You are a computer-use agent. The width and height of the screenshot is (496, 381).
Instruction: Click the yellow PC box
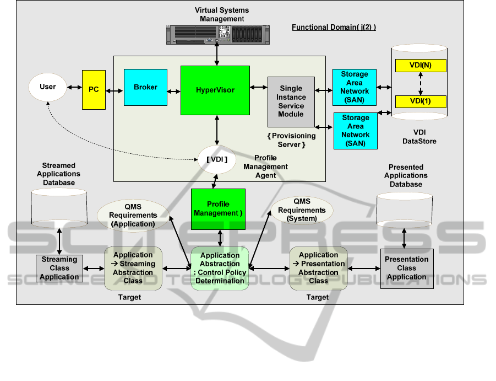(x=94, y=89)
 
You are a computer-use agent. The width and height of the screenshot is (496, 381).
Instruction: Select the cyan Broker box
(x=145, y=87)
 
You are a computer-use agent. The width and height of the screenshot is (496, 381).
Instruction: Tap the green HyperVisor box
(x=215, y=90)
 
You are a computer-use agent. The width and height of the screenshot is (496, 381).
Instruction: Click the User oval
(x=48, y=87)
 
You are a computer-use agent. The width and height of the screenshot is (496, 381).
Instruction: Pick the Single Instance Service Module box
(x=291, y=102)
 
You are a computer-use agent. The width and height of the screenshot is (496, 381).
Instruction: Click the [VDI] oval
(x=217, y=160)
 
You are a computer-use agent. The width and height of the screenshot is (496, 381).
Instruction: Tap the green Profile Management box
(x=219, y=209)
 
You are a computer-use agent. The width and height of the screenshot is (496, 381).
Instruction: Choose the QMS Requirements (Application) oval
(x=133, y=216)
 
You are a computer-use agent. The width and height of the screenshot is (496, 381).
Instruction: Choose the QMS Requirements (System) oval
(x=302, y=211)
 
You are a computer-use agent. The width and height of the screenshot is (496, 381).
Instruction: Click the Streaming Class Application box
(x=59, y=269)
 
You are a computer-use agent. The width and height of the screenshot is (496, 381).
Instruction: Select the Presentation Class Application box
(x=406, y=268)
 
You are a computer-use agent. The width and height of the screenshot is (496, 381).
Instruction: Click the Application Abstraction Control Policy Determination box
(x=220, y=268)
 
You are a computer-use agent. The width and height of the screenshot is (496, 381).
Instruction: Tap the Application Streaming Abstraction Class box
(x=133, y=267)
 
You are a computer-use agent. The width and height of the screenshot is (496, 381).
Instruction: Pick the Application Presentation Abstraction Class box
(x=318, y=267)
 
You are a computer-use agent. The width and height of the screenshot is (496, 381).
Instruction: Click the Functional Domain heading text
(x=334, y=28)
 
